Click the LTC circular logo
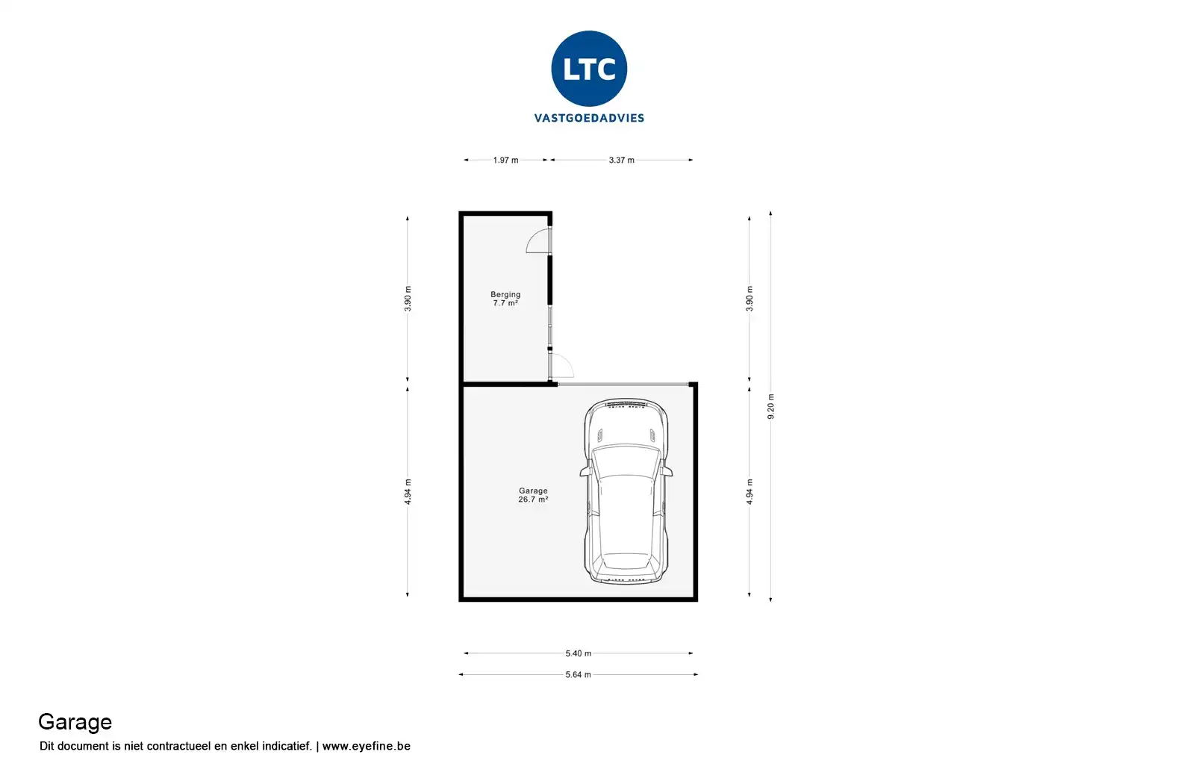tap(589, 69)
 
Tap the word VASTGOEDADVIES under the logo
tap(589, 118)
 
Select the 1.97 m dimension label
tap(505, 160)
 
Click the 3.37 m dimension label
tap(621, 160)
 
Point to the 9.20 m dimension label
tap(771, 406)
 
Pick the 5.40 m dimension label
tap(578, 653)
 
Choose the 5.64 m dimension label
tap(578, 675)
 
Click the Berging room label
tap(505, 294)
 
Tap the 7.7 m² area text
tap(505, 303)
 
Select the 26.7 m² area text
tap(533, 500)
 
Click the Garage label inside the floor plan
tap(533, 491)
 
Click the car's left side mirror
tap(584, 471)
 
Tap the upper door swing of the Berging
tap(537, 240)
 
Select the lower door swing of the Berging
tap(562, 367)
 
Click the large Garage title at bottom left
tap(75, 722)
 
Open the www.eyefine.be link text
tap(366, 746)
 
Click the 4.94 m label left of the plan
tap(408, 491)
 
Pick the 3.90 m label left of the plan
tap(408, 299)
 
